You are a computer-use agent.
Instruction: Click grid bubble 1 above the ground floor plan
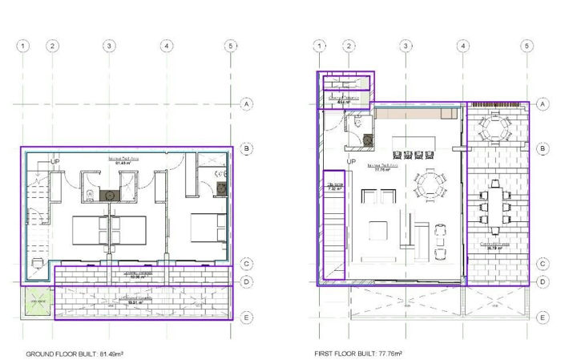(23, 46)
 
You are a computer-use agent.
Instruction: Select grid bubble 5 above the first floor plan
(526, 46)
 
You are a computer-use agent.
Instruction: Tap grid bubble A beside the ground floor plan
(248, 103)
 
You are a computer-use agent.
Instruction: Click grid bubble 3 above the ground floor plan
(108, 46)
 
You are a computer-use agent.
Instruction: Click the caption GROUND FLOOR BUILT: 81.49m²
(74, 354)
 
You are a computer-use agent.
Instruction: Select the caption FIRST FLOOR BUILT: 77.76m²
(358, 354)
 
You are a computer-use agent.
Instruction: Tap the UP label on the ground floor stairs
(55, 162)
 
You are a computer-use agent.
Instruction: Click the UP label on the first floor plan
(351, 163)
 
